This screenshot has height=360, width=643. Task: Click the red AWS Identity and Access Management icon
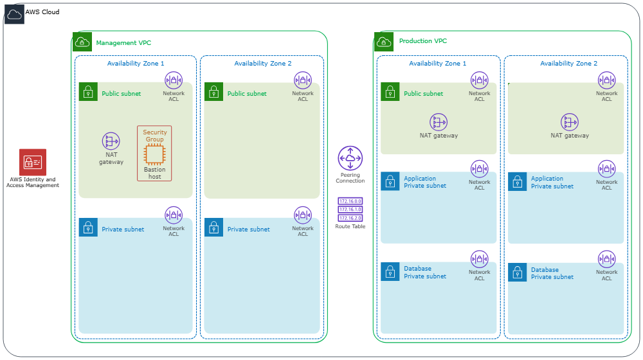pyautogui.click(x=33, y=162)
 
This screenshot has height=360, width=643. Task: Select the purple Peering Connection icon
pyautogui.click(x=350, y=158)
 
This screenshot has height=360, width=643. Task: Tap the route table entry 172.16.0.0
pyautogui.click(x=350, y=201)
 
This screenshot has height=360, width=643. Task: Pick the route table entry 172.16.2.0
pyautogui.click(x=350, y=218)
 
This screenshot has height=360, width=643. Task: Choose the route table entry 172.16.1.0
pyautogui.click(x=350, y=210)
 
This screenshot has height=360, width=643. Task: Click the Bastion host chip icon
pyautogui.click(x=154, y=155)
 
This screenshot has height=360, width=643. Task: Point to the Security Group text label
pyautogui.click(x=154, y=136)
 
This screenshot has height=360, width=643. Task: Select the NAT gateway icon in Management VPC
pyautogui.click(x=111, y=141)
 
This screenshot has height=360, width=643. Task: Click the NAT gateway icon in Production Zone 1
pyautogui.click(x=439, y=122)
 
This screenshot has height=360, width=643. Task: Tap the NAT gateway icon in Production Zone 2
pyautogui.click(x=570, y=122)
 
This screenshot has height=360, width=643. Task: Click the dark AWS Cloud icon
pyautogui.click(x=14, y=14)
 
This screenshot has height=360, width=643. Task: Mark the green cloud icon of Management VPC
pyautogui.click(x=82, y=42)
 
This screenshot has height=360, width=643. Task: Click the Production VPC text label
pyautogui.click(x=422, y=41)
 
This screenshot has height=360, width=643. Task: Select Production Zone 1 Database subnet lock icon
pyautogui.click(x=390, y=272)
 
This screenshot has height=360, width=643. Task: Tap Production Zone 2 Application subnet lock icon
pyautogui.click(x=517, y=182)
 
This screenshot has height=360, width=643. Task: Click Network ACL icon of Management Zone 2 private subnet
pyautogui.click(x=303, y=215)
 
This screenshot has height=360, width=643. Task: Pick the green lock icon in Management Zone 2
pyautogui.click(x=213, y=92)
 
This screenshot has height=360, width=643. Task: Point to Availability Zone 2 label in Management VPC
pyautogui.click(x=262, y=64)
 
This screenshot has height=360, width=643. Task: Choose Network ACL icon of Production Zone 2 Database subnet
pyautogui.click(x=606, y=260)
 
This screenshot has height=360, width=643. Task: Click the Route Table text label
pyautogui.click(x=350, y=226)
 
